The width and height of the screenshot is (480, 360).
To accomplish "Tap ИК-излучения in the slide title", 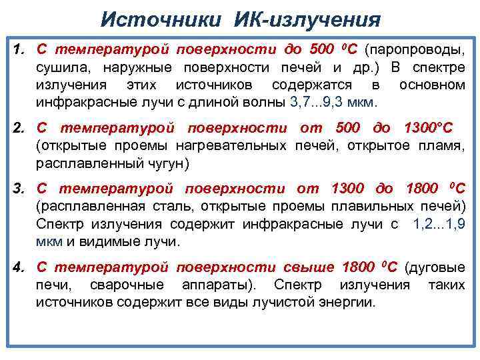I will (x=307, y=18).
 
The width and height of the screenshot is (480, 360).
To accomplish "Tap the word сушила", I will (x=58, y=67).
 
